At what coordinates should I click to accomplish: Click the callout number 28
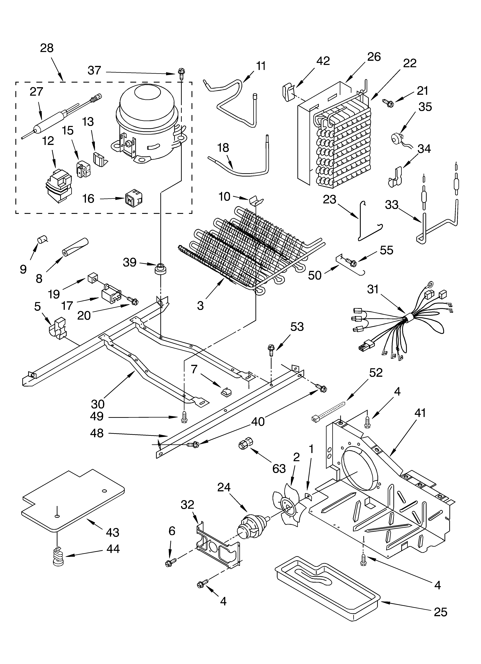coord(47,48)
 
